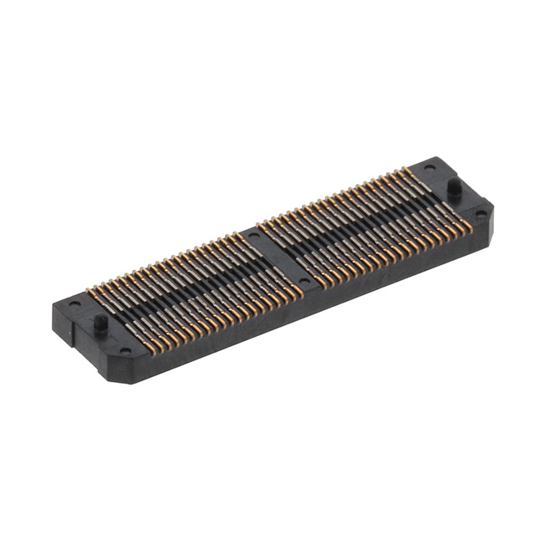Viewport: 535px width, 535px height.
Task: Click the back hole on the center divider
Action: click(x=252, y=237)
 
